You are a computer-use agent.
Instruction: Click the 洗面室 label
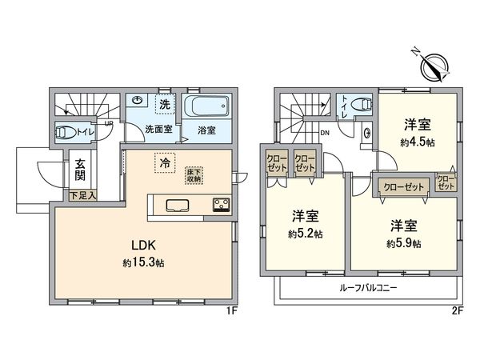[x=160, y=128]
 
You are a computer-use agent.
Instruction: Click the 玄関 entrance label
[x=82, y=171]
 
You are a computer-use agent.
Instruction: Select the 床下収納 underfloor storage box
[x=195, y=174]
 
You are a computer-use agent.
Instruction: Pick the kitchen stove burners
[x=220, y=204]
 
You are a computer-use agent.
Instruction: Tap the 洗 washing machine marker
[x=164, y=103]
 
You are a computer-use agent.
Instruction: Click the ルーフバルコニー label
[x=368, y=286]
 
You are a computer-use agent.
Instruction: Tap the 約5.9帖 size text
[x=406, y=243]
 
